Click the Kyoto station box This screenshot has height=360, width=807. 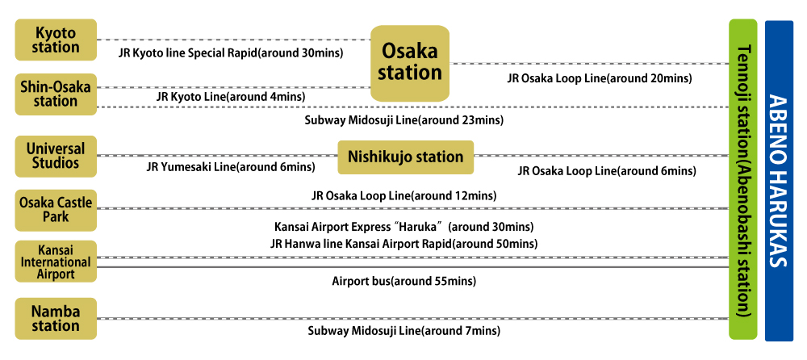56,40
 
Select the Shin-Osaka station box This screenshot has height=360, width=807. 56,94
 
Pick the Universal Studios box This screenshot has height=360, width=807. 56,156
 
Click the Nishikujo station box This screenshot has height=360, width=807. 405,157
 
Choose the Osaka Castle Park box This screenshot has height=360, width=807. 56,210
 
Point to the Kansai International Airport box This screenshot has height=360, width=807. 56,262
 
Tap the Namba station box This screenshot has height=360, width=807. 56,318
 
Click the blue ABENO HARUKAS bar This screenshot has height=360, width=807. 779,180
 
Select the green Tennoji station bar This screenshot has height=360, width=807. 743,180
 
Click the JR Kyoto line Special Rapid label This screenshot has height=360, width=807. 231,53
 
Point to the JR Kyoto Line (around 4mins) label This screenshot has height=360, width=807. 231,97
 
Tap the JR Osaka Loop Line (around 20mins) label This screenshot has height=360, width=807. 600,78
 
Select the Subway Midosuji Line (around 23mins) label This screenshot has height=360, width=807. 404,120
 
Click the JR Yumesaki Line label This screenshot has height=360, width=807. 230,167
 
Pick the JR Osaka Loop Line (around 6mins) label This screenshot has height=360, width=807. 606,170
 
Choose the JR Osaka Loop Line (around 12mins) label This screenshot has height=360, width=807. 403,195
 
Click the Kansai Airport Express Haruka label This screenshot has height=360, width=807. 403,227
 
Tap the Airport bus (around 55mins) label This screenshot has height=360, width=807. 403,282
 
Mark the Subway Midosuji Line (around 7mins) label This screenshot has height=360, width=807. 403,331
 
